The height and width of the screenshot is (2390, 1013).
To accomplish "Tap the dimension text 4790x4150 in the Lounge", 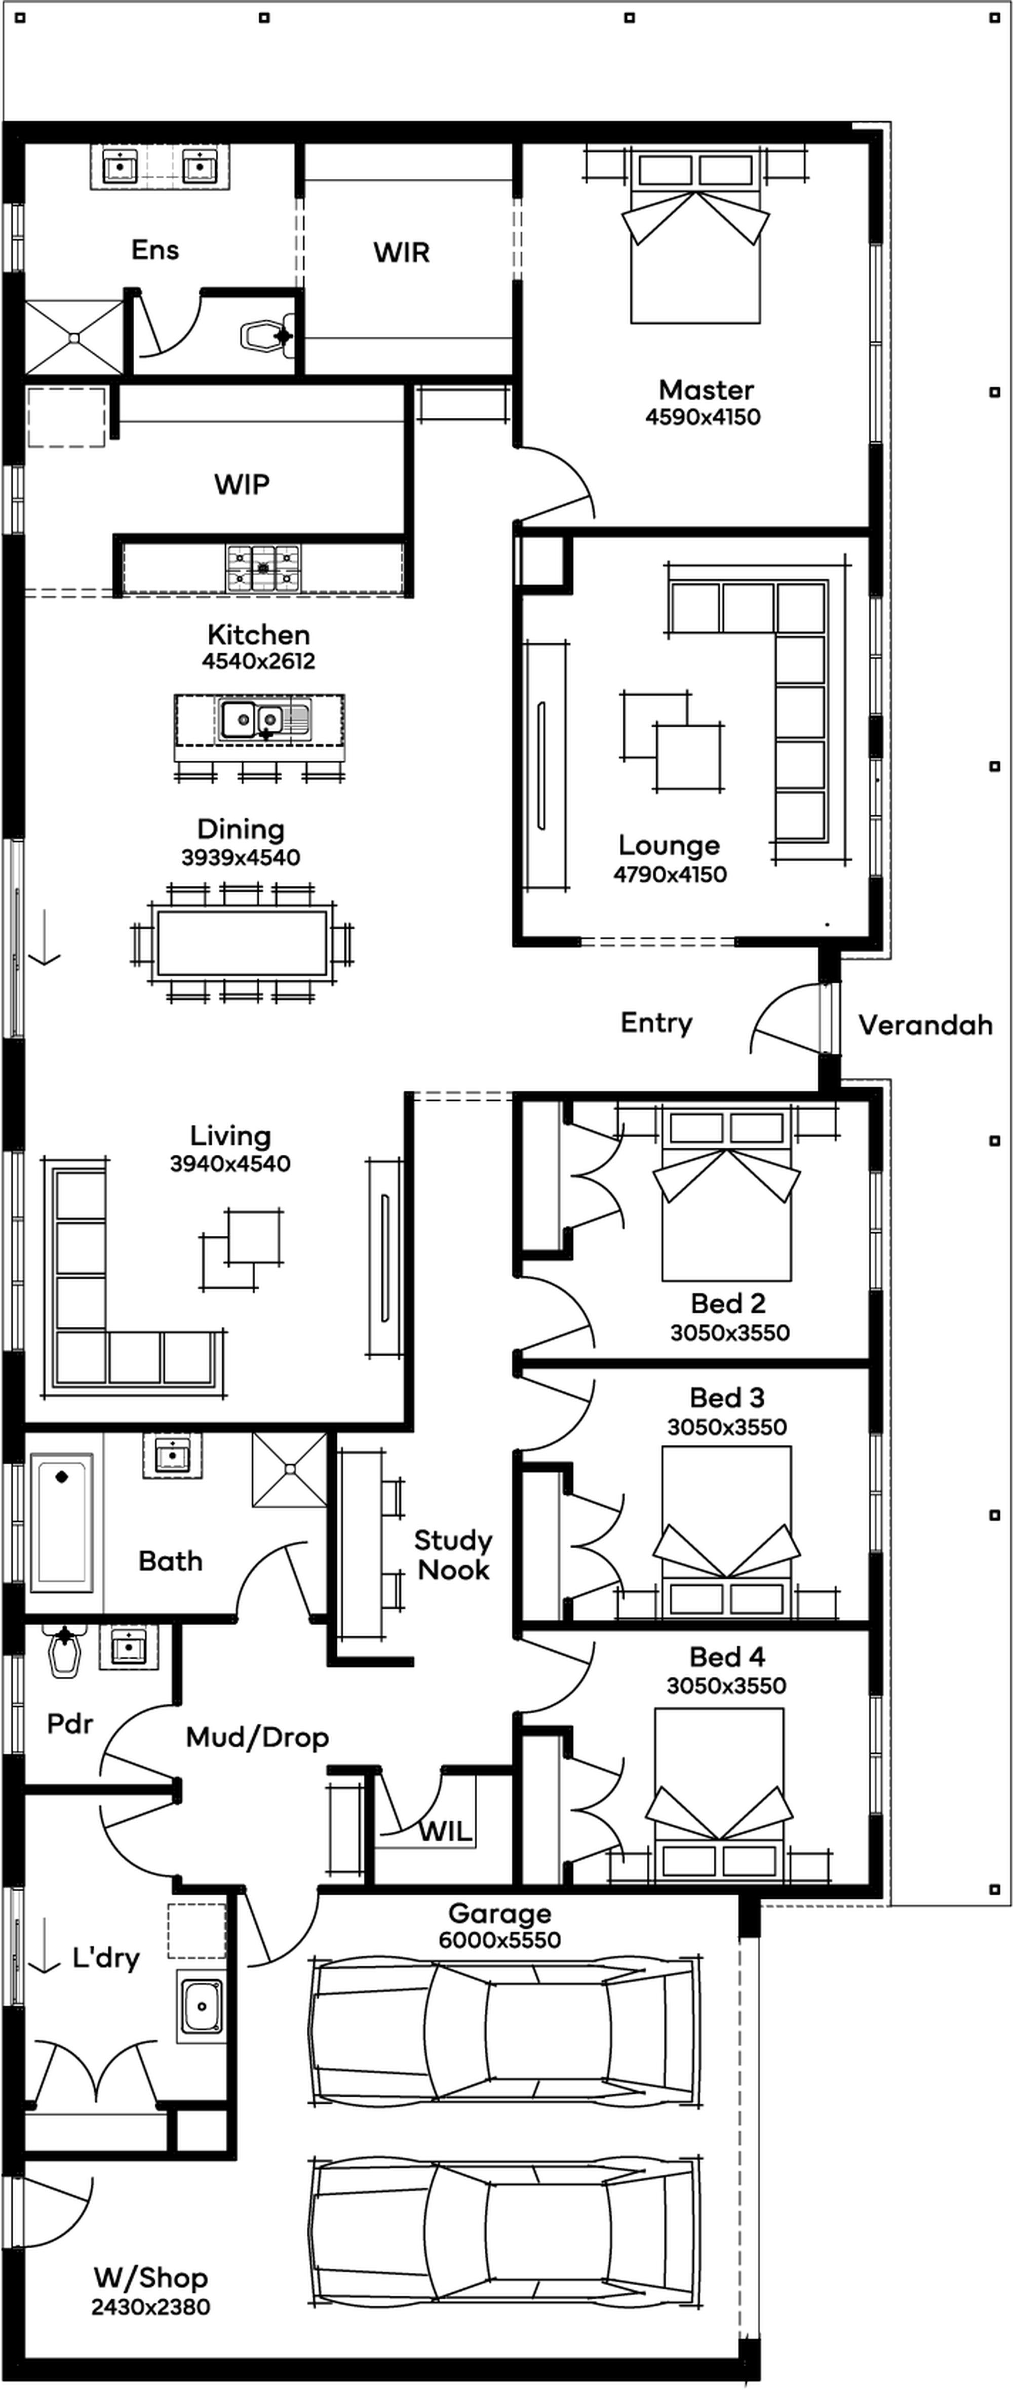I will pos(670,874).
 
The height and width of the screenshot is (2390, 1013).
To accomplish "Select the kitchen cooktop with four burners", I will pos(263,568).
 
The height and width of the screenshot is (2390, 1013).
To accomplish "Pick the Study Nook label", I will pos(453,1555).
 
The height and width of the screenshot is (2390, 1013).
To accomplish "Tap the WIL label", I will pos(445,1831).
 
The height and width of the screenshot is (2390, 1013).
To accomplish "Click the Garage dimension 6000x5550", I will pos(500,1940).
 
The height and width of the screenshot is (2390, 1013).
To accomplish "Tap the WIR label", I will pos(402,252).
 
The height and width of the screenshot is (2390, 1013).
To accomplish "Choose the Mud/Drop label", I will pos(257,1738).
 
